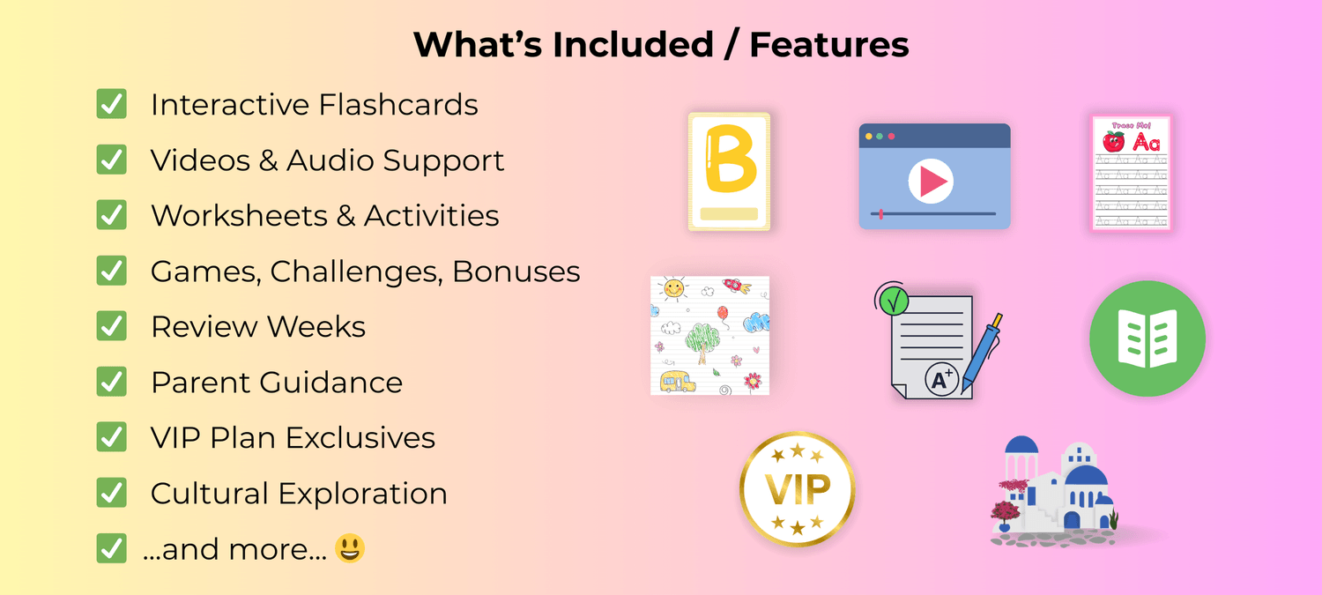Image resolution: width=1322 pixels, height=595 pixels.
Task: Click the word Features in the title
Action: pyautogui.click(x=829, y=45)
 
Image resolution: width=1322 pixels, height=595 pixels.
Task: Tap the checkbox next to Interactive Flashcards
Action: pyautogui.click(x=112, y=104)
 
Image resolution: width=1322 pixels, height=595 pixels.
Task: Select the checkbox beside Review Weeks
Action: pyautogui.click(x=112, y=326)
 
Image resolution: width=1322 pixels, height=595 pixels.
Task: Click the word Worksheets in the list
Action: pyautogui.click(x=239, y=215)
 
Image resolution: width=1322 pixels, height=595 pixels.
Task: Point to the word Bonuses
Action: pyautogui.click(x=516, y=271)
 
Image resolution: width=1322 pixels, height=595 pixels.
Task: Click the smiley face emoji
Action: pyautogui.click(x=350, y=548)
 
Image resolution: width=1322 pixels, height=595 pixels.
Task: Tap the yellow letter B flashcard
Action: pyautogui.click(x=730, y=171)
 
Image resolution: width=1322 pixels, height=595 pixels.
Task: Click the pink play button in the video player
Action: pyautogui.click(x=931, y=182)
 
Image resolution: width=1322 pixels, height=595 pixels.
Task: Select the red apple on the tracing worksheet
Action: pyautogui.click(x=1114, y=142)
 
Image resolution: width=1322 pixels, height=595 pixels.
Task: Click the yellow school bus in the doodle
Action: pyautogui.click(x=678, y=382)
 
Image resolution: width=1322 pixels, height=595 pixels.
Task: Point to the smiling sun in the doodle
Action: pyautogui.click(x=673, y=288)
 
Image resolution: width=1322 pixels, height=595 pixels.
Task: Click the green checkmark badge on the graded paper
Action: pyautogui.click(x=894, y=301)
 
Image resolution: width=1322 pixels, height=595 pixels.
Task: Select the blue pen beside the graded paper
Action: pyautogui.click(x=982, y=353)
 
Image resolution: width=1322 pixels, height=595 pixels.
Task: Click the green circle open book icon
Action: pyautogui.click(x=1147, y=338)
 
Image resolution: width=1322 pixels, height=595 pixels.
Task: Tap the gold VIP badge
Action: pyautogui.click(x=798, y=489)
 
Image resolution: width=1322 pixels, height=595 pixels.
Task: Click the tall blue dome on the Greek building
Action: pyautogui.click(x=1021, y=446)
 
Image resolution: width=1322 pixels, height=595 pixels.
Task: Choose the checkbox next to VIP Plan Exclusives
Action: pyautogui.click(x=112, y=437)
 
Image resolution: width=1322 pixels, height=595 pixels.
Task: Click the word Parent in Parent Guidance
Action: pyautogui.click(x=201, y=383)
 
